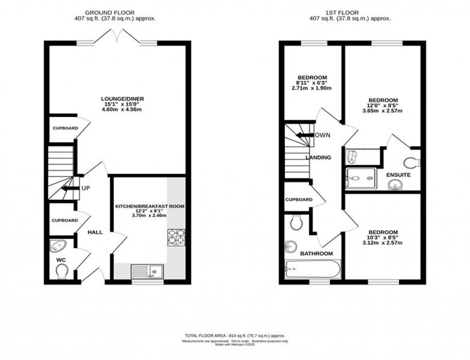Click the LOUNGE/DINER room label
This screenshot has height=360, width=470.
(123, 99)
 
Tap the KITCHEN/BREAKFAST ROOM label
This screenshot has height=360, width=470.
(149, 206)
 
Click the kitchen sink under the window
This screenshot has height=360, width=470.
(147, 272)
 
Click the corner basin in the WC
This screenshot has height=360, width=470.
(58, 246)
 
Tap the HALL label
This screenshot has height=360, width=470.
(95, 232)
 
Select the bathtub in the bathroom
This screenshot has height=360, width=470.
(313, 268)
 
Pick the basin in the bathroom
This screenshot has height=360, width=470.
(291, 246)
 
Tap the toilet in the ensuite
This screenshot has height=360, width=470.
(411, 162)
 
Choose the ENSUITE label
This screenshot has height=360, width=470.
(399, 175)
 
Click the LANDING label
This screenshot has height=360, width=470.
(319, 157)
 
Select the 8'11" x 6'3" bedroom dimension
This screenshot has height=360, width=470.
(312, 83)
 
